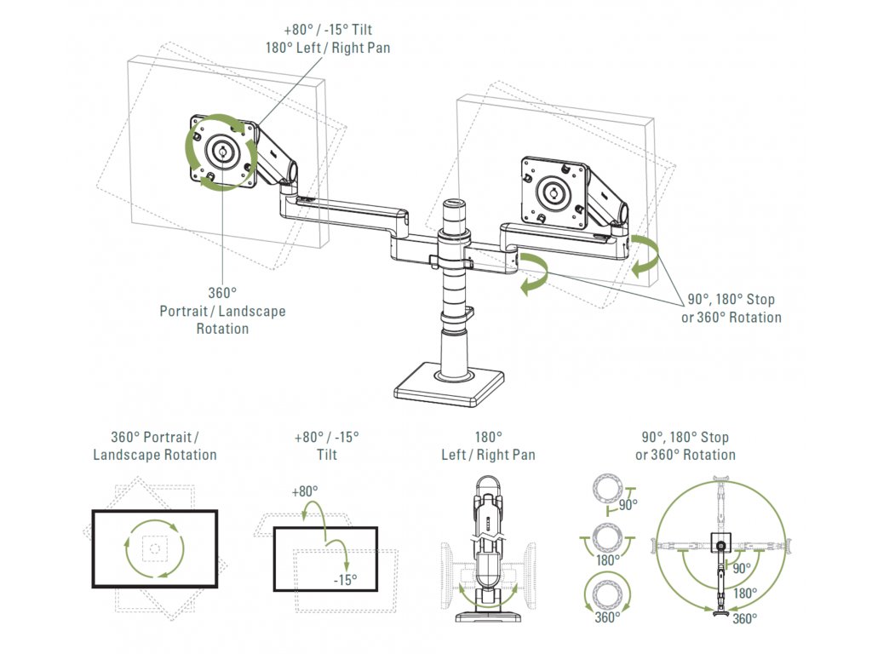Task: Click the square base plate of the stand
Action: [450, 384]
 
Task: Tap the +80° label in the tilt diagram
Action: [305, 491]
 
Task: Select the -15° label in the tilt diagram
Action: [346, 580]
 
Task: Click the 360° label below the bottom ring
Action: [607, 617]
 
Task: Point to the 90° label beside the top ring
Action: [628, 505]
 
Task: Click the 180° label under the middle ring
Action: [608, 560]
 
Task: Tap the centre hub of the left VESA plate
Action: [222, 150]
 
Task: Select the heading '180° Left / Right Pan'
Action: [488, 446]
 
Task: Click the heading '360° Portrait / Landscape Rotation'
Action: [155, 446]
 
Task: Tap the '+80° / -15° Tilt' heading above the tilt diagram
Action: [327, 446]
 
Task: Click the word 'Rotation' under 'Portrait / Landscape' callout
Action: [222, 329]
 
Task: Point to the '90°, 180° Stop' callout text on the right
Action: [731, 299]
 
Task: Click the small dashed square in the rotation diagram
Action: [155, 549]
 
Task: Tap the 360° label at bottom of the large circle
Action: [744, 618]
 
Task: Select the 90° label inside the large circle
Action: [742, 568]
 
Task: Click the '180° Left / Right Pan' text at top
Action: [328, 48]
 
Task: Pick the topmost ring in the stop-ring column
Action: [608, 490]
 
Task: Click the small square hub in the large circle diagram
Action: [721, 542]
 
